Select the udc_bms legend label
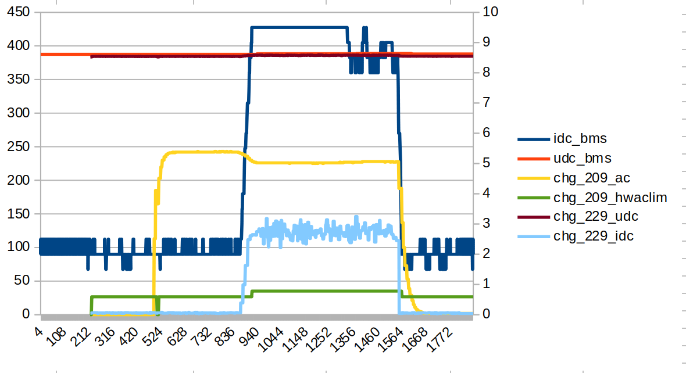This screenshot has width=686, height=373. [x=582, y=158]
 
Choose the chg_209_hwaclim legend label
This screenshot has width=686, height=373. [x=610, y=198]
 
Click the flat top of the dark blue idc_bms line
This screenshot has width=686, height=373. [x=299, y=27]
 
